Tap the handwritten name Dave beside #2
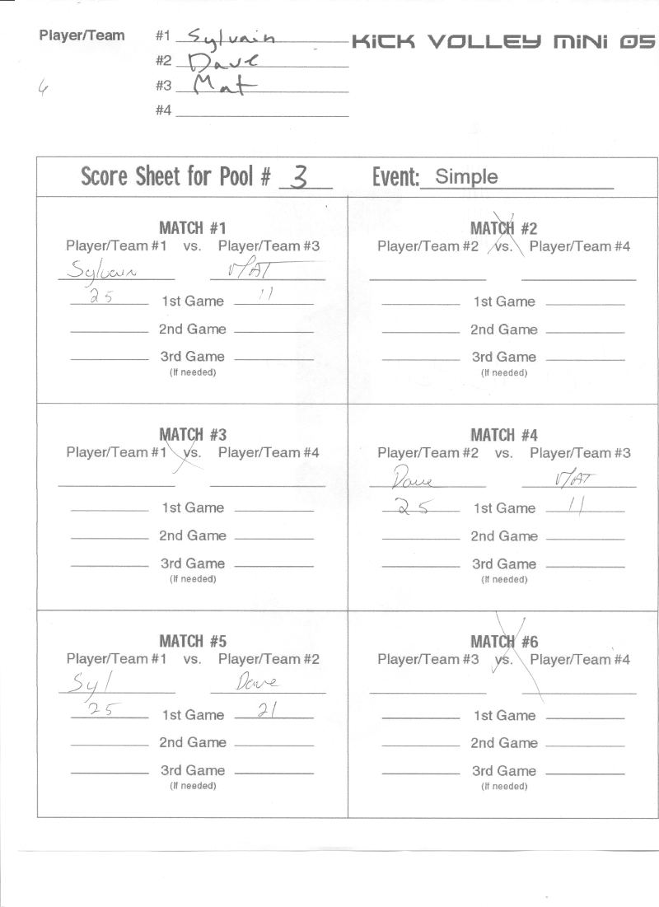pyautogui.click(x=222, y=61)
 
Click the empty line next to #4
pyautogui.click(x=261, y=111)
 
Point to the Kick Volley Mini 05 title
pyautogui.click(x=503, y=40)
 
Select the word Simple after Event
pyautogui.click(x=466, y=176)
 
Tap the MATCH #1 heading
pyautogui.click(x=193, y=228)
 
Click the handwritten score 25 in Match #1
pyautogui.click(x=102, y=298)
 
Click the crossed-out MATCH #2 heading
pyautogui.click(x=503, y=228)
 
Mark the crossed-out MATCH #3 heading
pyautogui.click(x=193, y=434)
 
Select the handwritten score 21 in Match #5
pyautogui.click(x=266, y=711)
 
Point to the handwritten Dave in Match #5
pyautogui.click(x=258, y=683)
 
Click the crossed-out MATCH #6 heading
pyautogui.click(x=503, y=641)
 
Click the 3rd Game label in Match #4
pyautogui.click(x=504, y=564)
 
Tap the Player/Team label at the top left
pyautogui.click(x=82, y=35)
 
